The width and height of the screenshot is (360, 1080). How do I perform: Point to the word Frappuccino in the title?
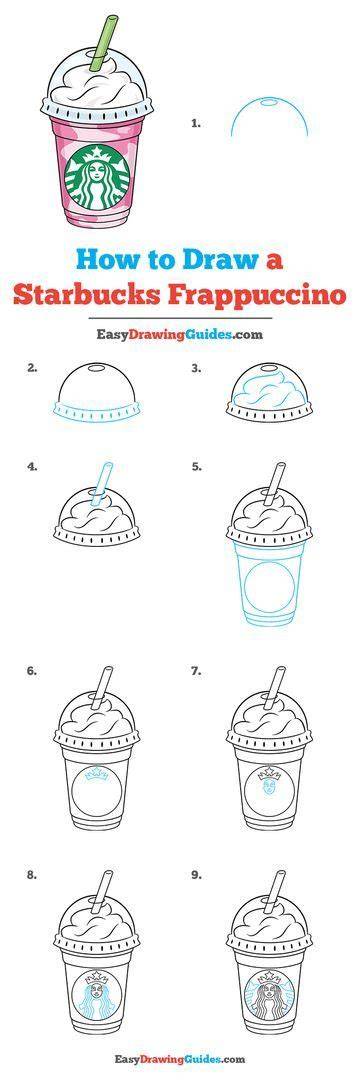click(x=257, y=295)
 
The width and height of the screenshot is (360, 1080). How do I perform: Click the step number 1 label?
click(x=195, y=124)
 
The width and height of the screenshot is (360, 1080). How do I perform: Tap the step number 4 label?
click(x=32, y=466)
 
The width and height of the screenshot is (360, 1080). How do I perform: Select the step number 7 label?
click(x=196, y=670)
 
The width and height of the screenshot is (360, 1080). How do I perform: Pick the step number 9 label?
click(x=196, y=875)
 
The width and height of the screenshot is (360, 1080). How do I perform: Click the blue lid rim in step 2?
click(x=96, y=411)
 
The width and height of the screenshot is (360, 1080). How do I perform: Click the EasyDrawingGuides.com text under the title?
click(x=179, y=335)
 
